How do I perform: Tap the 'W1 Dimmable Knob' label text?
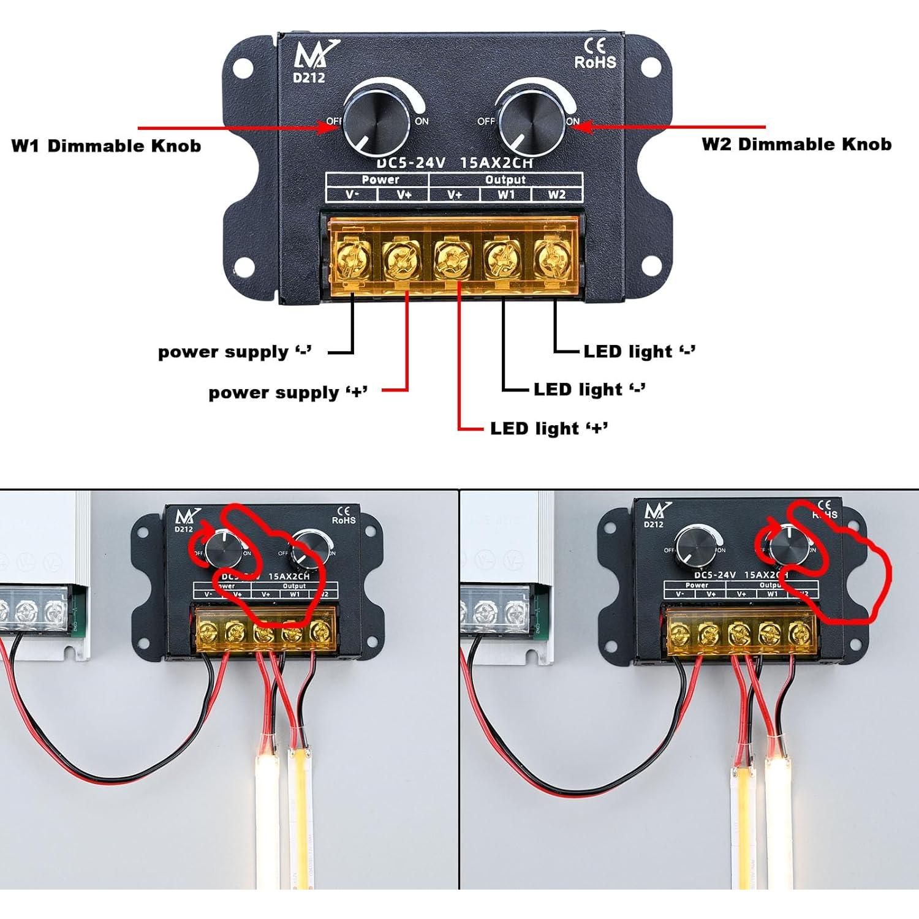coord(106,146)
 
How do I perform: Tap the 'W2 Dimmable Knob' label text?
coord(796,145)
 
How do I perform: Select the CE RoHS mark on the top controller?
coord(594,55)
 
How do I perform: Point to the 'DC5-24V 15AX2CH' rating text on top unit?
coord(454,163)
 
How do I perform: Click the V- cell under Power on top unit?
coord(352,195)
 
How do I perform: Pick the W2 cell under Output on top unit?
coord(556,195)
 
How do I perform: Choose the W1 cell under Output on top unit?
coord(506,195)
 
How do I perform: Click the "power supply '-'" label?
coord(235,352)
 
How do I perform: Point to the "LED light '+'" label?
coord(549,428)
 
